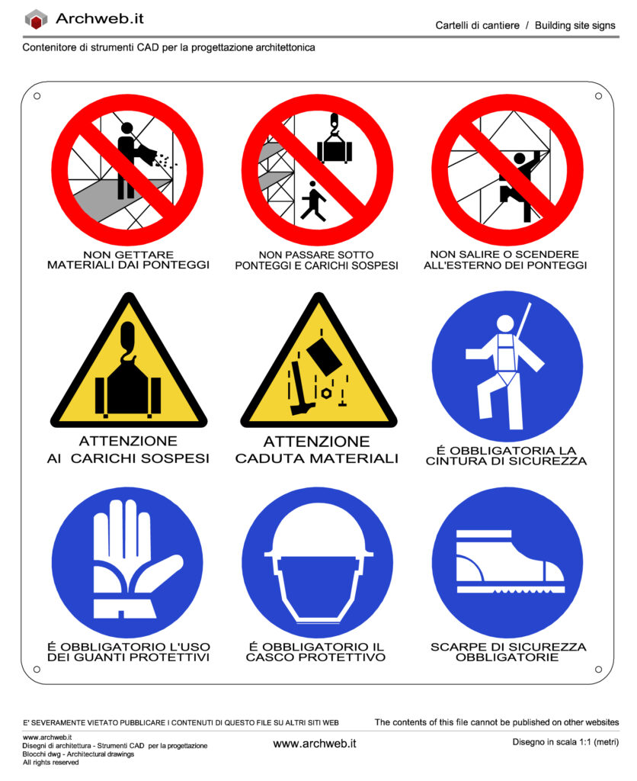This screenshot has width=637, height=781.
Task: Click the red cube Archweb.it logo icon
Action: pyautogui.click(x=36, y=19)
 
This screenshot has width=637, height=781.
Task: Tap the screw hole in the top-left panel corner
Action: pyautogui.click(x=37, y=96)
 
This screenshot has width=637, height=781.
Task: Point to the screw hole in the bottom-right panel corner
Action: pyautogui.click(x=599, y=670)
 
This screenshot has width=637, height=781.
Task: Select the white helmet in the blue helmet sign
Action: pyautogui.click(x=318, y=567)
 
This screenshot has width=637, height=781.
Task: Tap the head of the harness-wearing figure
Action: pyautogui.click(x=505, y=323)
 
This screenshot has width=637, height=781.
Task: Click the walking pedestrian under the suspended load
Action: pyautogui.click(x=313, y=201)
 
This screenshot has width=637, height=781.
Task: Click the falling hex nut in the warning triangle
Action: pyautogui.click(x=326, y=394)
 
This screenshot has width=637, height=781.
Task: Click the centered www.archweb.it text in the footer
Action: pyautogui.click(x=315, y=744)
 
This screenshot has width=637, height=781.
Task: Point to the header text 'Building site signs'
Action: pyautogui.click(x=575, y=25)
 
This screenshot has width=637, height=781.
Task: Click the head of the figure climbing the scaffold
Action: pyautogui.click(x=519, y=159)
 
